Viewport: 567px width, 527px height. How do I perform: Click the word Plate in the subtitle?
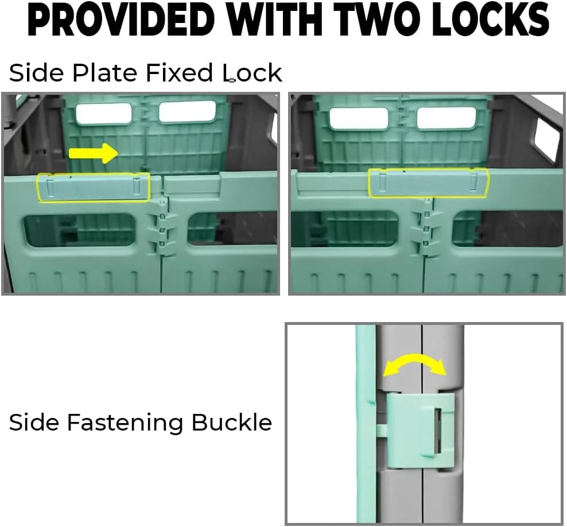tap(105, 73)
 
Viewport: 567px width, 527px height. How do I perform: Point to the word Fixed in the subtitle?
tap(180, 73)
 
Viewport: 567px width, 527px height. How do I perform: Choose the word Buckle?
tap(231, 422)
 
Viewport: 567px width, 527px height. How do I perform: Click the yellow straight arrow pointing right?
tap(94, 153)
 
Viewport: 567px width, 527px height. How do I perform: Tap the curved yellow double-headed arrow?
tap(414, 365)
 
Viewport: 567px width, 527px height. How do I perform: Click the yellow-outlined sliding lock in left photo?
tap(94, 187)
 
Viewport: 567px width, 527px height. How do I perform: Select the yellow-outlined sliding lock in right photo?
tap(429, 183)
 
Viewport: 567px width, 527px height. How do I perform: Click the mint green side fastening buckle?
tap(420, 431)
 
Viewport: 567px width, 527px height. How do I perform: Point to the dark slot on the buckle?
tap(438, 431)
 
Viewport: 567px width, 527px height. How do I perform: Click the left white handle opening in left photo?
tap(104, 113)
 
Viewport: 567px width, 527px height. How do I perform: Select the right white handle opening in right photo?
tap(446, 118)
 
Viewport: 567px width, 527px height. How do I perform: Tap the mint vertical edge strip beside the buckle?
tap(365, 424)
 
